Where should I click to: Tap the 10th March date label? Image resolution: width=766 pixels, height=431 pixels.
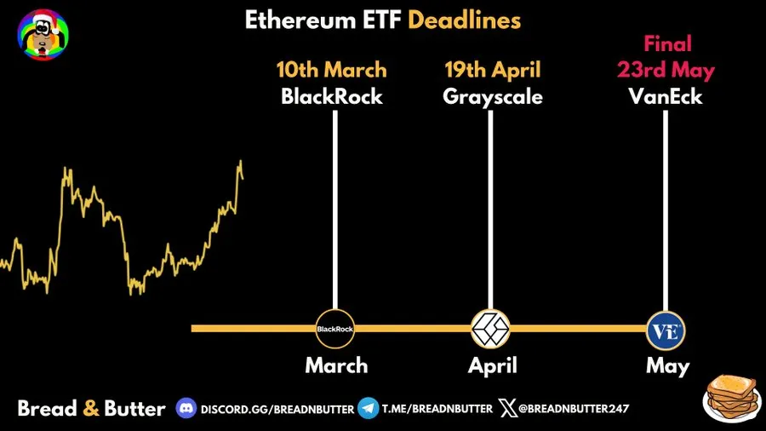(331, 70)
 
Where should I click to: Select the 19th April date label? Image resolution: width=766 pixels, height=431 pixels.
(492, 70)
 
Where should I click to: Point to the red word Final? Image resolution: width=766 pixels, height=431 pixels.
(667, 43)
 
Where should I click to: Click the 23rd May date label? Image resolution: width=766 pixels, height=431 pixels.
(666, 70)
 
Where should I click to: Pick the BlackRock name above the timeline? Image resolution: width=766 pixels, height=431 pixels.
(332, 96)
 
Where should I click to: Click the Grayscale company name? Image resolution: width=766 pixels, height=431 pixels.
(493, 96)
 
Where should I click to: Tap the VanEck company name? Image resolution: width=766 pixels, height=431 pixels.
(666, 96)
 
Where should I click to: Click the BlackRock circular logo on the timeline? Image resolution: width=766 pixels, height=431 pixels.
(334, 329)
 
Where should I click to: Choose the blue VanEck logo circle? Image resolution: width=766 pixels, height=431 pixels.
(665, 329)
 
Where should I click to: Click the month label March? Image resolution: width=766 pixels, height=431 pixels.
(337, 366)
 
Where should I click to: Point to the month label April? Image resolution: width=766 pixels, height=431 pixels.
(492, 366)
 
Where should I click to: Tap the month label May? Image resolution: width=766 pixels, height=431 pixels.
(667, 366)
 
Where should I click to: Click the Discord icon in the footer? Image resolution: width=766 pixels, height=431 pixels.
(186, 408)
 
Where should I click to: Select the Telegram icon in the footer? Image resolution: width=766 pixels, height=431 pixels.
(368, 408)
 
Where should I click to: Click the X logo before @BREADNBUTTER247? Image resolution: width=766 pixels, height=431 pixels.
(507, 408)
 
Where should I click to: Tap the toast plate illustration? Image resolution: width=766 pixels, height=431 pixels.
(731, 396)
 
